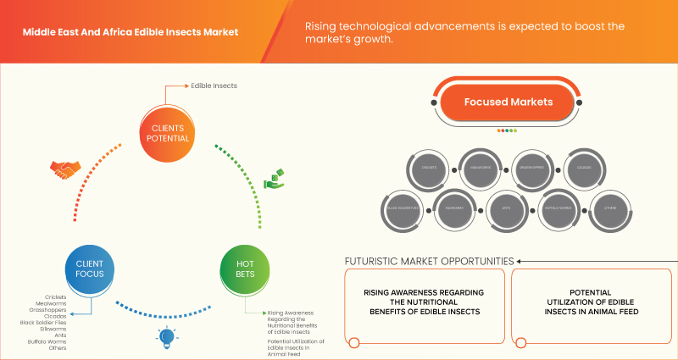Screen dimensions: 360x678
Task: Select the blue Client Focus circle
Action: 89,269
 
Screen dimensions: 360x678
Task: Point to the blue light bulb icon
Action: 165,337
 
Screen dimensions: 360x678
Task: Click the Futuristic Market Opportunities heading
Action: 428,261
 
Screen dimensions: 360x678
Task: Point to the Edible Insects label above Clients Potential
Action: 214,86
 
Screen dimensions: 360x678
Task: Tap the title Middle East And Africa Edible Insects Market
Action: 130,32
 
